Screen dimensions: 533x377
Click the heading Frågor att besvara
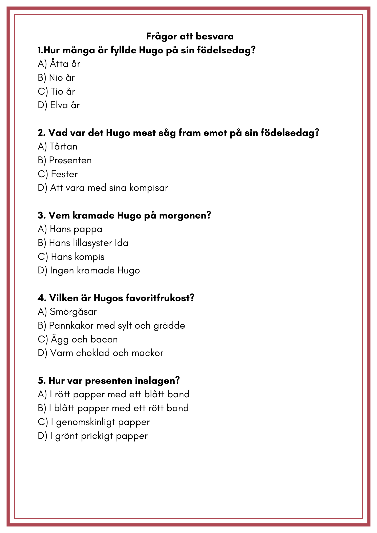pos(190,36)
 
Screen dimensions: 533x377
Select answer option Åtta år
pos(59,64)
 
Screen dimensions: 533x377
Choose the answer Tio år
pos(57,92)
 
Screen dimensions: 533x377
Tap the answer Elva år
pos(59,105)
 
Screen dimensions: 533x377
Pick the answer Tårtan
pos(58,147)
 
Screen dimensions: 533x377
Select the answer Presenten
pos(65,160)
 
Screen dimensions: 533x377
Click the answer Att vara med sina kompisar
pos(103,188)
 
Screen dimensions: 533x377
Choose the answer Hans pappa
pos(70,229)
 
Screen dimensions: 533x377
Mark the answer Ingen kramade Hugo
pos(89,270)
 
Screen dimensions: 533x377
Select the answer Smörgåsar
pos(67,312)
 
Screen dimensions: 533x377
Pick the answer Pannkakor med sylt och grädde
pos(111,326)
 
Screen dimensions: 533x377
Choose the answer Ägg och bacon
pos(78,340)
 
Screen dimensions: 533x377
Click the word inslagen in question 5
pos(157,381)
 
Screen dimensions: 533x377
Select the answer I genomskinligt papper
pos(94,422)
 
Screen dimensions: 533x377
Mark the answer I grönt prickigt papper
pos(93,436)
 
